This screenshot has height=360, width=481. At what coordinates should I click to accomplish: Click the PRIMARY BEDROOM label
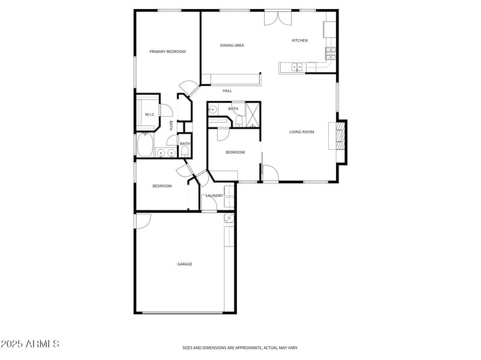[167, 52]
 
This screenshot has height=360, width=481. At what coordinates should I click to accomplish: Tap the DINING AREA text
[231, 45]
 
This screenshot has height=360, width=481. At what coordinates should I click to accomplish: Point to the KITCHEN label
[299, 40]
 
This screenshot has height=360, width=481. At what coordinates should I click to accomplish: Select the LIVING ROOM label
[301, 132]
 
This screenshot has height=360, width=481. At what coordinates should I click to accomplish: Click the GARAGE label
[185, 264]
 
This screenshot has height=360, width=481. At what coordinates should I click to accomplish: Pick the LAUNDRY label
[214, 195]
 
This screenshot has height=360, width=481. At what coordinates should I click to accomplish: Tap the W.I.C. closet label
[150, 114]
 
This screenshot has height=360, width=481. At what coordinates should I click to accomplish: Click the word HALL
[227, 91]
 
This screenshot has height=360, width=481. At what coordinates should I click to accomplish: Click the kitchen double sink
[297, 67]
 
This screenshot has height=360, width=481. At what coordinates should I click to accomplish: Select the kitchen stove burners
[330, 54]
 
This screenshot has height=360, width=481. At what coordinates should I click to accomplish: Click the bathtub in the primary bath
[145, 145]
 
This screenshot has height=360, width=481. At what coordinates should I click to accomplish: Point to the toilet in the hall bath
[239, 122]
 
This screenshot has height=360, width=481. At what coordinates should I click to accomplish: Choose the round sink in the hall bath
[213, 110]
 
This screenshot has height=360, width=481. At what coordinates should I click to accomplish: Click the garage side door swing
[142, 221]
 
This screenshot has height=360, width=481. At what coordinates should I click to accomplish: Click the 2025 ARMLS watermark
[30, 344]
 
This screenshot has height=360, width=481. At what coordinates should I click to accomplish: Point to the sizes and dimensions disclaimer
[240, 347]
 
